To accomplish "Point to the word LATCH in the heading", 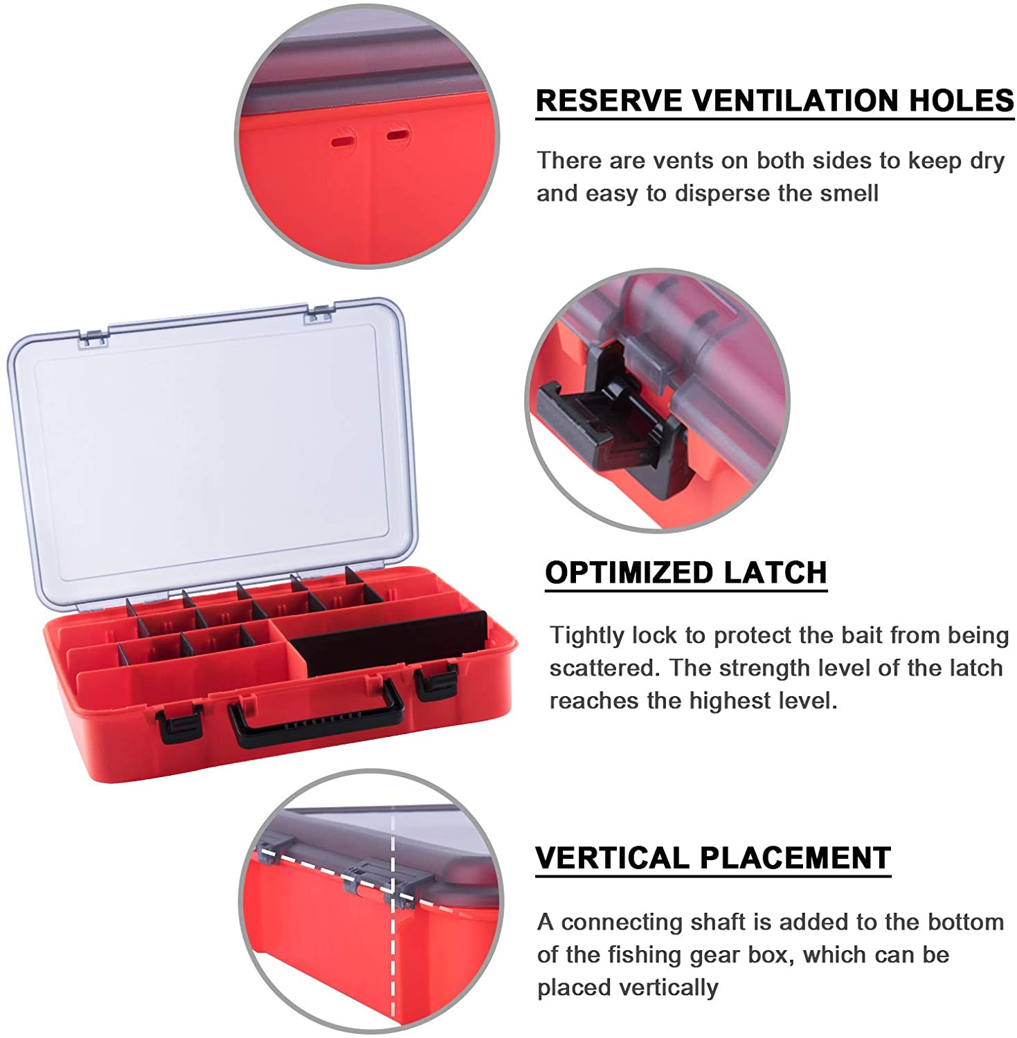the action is (x=775, y=573).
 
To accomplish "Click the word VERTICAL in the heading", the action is (x=613, y=858).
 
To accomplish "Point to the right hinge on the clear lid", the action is (x=319, y=313).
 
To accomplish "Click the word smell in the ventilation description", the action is (x=849, y=193).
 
